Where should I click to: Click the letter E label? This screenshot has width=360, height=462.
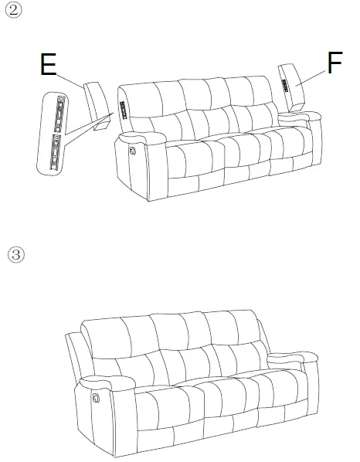tap(48, 64)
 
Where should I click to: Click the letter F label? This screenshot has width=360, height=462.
tap(335, 63)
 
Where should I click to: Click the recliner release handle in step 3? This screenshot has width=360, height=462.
tap(96, 396)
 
